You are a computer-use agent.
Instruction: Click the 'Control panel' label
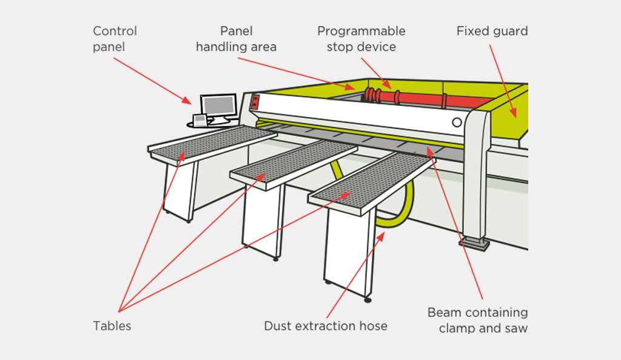click(x=115, y=39)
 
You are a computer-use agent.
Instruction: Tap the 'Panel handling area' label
click(x=236, y=39)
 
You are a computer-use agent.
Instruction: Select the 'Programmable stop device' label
click(x=361, y=39)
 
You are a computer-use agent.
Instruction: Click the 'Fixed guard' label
click(x=492, y=31)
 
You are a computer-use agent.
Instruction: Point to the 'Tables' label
click(x=112, y=325)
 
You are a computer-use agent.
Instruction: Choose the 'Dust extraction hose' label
click(x=326, y=325)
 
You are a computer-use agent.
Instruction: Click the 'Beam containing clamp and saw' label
click(x=478, y=320)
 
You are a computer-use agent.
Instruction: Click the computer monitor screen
click(x=219, y=105)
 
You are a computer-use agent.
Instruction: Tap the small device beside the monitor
click(x=200, y=120)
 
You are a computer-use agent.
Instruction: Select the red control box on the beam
click(x=255, y=102)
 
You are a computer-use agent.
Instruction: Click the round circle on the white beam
click(x=457, y=122)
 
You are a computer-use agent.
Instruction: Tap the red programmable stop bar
click(x=420, y=98)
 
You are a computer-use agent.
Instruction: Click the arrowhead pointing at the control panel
click(x=187, y=100)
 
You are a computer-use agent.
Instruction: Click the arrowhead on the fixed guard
click(x=514, y=113)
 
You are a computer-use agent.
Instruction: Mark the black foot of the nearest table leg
click(x=368, y=300)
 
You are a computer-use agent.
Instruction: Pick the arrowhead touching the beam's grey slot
click(x=429, y=151)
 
